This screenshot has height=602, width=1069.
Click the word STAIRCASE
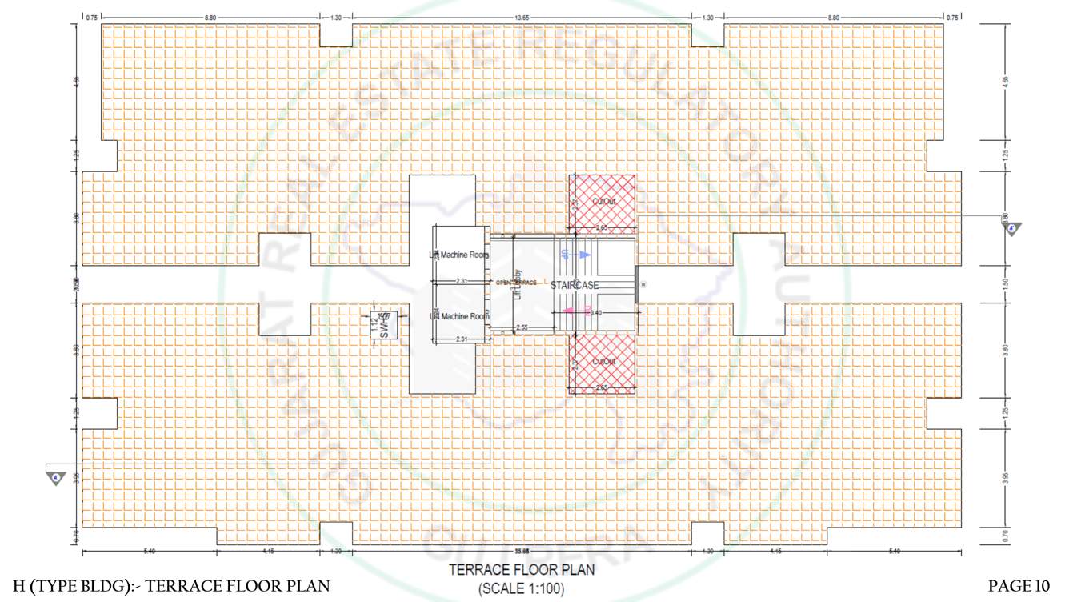pos(575,285)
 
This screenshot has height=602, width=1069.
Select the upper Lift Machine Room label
pos(459,255)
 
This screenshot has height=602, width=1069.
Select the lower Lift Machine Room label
pos(459,317)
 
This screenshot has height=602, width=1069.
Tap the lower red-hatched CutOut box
pos(602,363)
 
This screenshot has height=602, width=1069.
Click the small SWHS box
pos(380,327)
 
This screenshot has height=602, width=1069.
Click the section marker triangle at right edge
pos(1011,229)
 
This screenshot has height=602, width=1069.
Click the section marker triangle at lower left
pos(56,478)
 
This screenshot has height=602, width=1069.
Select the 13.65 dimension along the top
pos(522,17)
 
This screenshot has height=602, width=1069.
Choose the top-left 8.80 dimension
pos(210,17)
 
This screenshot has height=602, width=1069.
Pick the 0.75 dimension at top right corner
pos(952,17)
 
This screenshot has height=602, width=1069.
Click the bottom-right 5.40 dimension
pos(895,552)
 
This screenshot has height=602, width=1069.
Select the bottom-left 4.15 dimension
pos(268,552)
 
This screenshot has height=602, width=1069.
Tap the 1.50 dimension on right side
pos(1005,284)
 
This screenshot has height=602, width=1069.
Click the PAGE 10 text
pos(1019,587)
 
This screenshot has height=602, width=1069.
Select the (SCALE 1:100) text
pos(521,588)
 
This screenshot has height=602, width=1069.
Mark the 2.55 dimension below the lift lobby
pos(522,327)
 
